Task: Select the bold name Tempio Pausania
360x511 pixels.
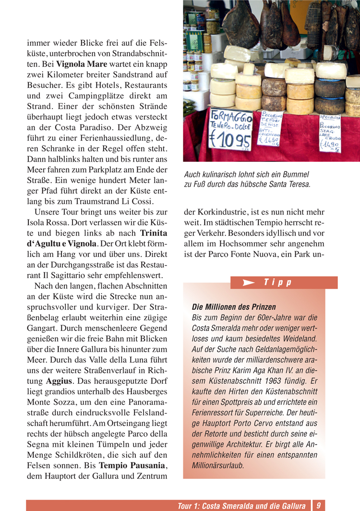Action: pos(132,465)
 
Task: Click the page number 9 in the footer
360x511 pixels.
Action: pos(318,505)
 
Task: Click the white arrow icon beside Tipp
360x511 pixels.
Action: pos(249,283)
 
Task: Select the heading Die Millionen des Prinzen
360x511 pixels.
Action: pos(234,306)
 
